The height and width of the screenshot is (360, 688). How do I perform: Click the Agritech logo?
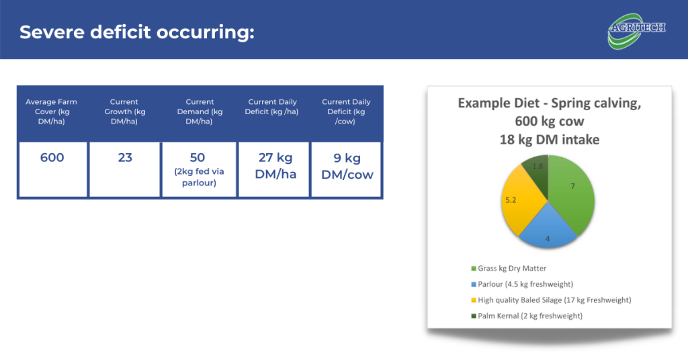pyautogui.click(x=637, y=31)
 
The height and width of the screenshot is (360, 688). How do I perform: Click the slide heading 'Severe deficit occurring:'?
pyautogui.click(x=137, y=32)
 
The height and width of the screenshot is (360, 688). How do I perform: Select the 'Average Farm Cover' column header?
pyautogui.click(x=52, y=111)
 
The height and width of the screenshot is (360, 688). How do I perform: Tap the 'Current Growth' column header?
pyautogui.click(x=124, y=111)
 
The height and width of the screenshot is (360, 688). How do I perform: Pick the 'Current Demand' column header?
pyautogui.click(x=200, y=111)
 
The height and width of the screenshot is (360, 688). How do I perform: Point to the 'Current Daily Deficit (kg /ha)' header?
pyautogui.click(x=272, y=107)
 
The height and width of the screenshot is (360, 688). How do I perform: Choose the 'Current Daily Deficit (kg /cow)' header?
pyautogui.click(x=346, y=111)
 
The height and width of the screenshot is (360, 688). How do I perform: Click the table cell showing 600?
pyautogui.click(x=52, y=169)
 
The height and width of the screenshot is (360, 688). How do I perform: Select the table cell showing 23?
pyautogui.click(x=124, y=169)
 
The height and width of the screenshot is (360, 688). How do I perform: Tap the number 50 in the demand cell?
pyautogui.click(x=198, y=157)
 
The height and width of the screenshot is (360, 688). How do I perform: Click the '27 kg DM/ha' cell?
pyautogui.click(x=274, y=169)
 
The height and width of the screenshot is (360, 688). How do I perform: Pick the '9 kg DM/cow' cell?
pyautogui.click(x=346, y=169)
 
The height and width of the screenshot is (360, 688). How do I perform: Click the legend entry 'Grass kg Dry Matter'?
pyautogui.click(x=509, y=269)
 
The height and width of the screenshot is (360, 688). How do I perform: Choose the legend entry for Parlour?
pyautogui.click(x=522, y=284)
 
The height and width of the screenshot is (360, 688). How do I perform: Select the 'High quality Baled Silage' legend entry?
pyautogui.click(x=551, y=300)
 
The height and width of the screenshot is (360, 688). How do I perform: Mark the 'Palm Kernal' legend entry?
pyautogui.click(x=527, y=316)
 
